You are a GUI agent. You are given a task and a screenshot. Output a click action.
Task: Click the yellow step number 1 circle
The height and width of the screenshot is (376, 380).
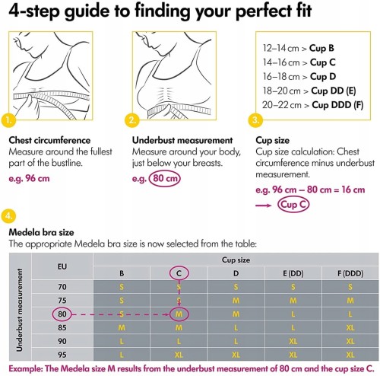tap(8, 119)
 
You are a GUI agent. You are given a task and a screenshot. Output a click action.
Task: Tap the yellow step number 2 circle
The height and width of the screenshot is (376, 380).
tap(132, 119)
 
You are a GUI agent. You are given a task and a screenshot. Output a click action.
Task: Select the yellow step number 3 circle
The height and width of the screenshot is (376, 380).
tap(255, 119)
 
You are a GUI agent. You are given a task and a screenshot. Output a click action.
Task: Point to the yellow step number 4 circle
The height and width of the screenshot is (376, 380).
tap(8, 216)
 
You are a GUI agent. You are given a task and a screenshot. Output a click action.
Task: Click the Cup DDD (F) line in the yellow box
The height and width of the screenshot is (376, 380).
tap(312, 105)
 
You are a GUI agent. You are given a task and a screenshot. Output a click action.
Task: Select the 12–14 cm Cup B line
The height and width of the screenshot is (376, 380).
tap(298, 48)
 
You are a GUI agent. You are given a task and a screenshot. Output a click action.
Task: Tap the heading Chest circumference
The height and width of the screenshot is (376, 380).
tap(49, 140)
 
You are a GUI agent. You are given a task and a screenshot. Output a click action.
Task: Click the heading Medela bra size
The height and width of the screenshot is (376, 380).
tap(41, 232)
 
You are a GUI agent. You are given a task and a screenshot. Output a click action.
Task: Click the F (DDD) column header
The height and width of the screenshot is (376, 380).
tap(350, 273)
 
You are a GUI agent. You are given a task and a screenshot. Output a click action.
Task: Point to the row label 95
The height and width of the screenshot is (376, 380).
tap(62, 355)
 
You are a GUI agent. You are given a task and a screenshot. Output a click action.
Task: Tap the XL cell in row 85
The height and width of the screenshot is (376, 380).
tap(350, 327)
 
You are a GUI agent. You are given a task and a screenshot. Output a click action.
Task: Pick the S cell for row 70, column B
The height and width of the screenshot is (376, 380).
tap(122, 287)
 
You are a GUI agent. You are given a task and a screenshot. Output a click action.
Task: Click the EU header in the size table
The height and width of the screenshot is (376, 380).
tap(62, 266)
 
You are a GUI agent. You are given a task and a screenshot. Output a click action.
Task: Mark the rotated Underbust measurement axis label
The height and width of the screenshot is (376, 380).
tap(19, 310)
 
